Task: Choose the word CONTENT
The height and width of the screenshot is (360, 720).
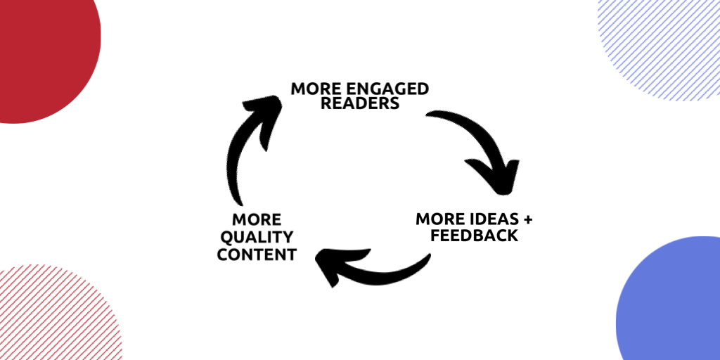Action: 256,254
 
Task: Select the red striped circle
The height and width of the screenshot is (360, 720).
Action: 49,316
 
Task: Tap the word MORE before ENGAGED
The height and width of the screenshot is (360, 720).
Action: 314,89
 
